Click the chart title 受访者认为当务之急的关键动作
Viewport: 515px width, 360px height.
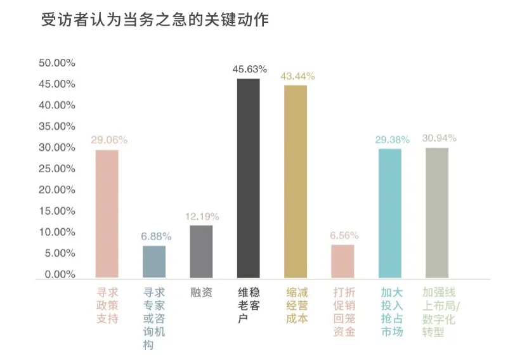pyautogui.click(x=155, y=20)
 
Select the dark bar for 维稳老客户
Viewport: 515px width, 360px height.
pyautogui.click(x=248, y=178)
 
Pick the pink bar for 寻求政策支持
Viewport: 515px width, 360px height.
pyautogui.click(x=107, y=214)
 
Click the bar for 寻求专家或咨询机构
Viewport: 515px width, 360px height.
pyautogui.click(x=154, y=261)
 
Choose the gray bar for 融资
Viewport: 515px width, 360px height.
pyautogui.click(x=201, y=251)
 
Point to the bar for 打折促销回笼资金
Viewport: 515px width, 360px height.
pyautogui.click(x=342, y=261)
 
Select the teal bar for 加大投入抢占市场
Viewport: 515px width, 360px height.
pyautogui.click(x=390, y=213)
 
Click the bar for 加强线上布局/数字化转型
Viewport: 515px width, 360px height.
pyautogui.click(x=437, y=212)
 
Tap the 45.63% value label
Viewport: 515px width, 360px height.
pyautogui.click(x=249, y=69)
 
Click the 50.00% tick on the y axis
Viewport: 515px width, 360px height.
pyautogui.click(x=57, y=63)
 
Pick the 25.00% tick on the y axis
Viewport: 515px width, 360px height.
pyautogui.click(x=57, y=169)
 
